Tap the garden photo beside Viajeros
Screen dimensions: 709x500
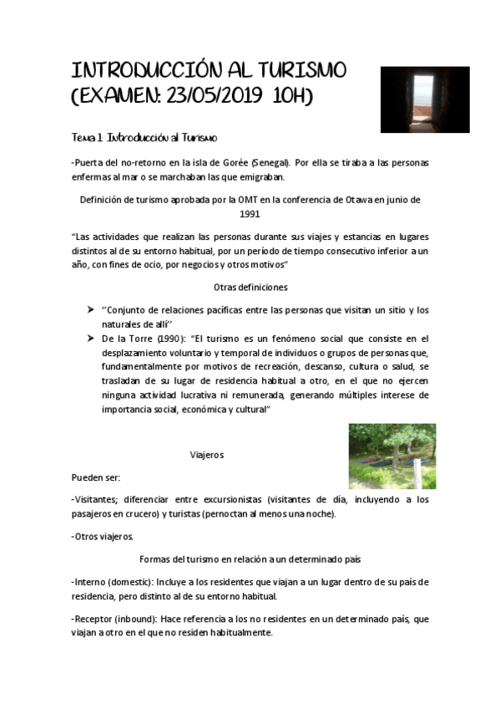pyautogui.click(x=391, y=457)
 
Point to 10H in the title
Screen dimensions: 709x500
pyautogui.click(x=291, y=96)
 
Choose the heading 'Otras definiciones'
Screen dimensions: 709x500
pyautogui.click(x=250, y=287)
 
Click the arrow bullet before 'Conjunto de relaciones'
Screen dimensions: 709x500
pyautogui.click(x=90, y=309)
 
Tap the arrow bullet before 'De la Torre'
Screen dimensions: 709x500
pyautogui.click(x=90, y=338)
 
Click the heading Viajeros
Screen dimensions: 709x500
pyautogui.click(x=207, y=455)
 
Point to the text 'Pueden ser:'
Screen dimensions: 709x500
pyautogui.click(x=96, y=477)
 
